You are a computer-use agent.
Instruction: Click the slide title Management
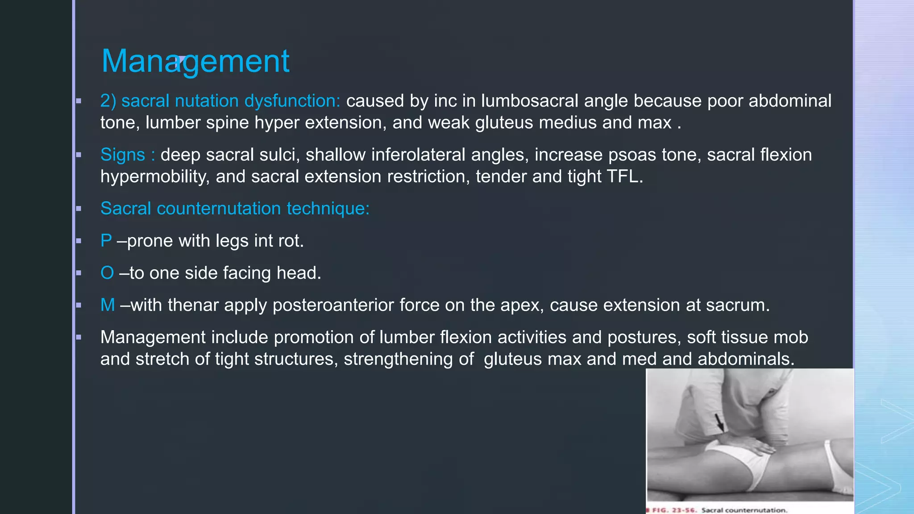[x=195, y=61]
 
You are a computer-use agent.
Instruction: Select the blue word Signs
[x=122, y=155]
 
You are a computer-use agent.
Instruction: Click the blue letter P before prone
[x=106, y=241]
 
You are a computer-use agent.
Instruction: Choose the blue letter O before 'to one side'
[x=107, y=273]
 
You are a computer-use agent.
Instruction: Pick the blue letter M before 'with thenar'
[x=108, y=305]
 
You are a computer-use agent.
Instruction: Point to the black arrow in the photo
[x=719, y=422]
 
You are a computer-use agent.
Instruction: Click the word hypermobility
[x=154, y=177]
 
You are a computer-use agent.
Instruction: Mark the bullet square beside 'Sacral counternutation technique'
[x=79, y=209]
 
